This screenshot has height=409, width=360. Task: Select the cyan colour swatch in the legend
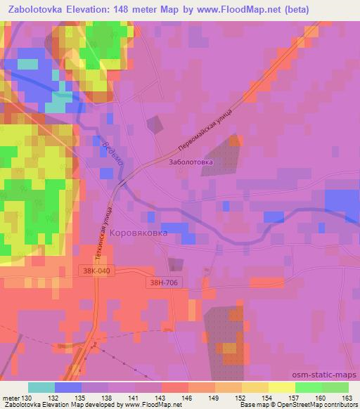41,387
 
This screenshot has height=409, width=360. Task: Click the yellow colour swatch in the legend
281,387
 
